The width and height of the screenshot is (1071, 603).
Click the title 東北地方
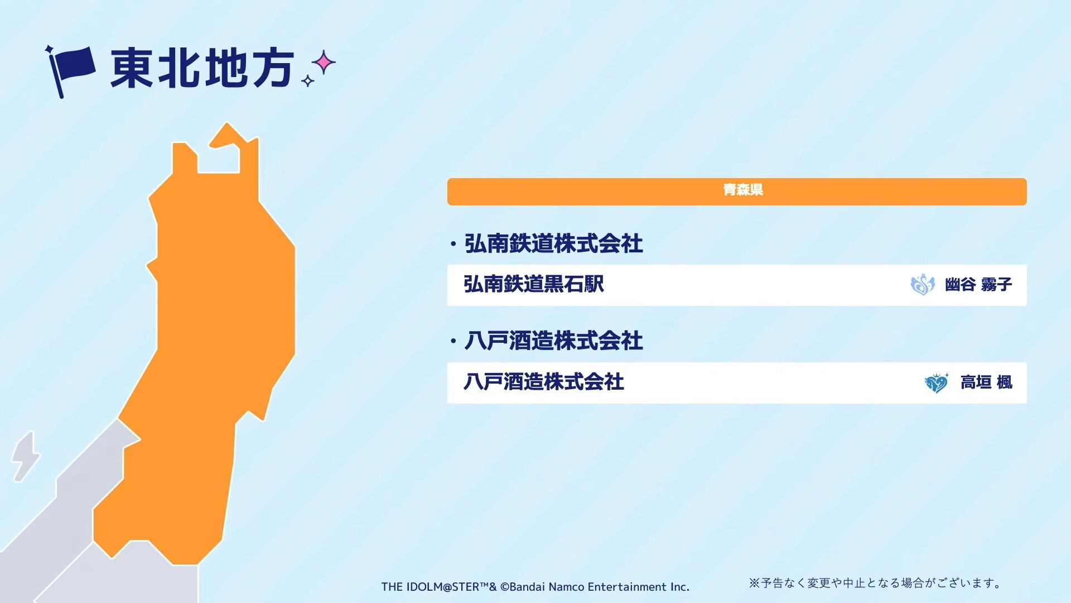[x=202, y=68]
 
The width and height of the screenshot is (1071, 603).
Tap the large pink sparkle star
[x=324, y=63]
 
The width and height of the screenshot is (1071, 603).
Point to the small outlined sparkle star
[x=307, y=81]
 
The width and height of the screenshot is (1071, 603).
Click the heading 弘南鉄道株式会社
[x=553, y=244]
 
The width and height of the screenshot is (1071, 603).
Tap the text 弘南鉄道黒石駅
[x=534, y=284]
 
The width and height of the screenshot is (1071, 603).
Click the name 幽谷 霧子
[x=978, y=285]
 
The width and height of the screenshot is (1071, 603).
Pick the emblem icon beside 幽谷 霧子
[x=923, y=285]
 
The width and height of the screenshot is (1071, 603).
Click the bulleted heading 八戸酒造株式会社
[x=553, y=341]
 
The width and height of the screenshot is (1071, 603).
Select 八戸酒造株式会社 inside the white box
[x=544, y=382]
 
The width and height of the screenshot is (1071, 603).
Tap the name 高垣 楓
[x=986, y=382]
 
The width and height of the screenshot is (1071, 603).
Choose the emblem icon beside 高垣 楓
[x=937, y=383]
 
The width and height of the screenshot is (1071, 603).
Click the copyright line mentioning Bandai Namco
[x=535, y=587]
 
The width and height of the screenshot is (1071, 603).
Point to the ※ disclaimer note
[x=875, y=583]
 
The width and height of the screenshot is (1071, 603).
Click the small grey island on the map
[x=25, y=456]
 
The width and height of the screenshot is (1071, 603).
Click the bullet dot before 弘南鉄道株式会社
[x=453, y=244]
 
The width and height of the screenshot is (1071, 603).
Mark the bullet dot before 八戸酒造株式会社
[x=453, y=341]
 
